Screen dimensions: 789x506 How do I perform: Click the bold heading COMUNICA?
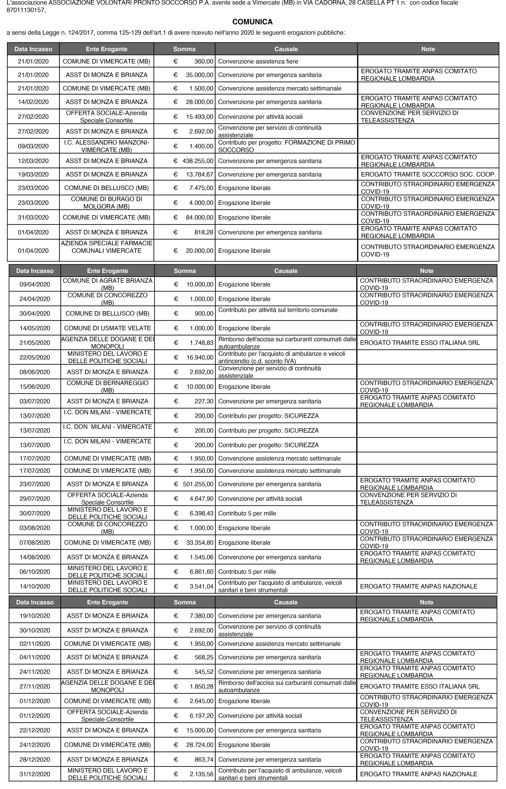click(252, 22)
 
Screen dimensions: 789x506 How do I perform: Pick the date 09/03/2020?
click(33, 146)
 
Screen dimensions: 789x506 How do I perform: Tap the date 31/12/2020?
click(35, 774)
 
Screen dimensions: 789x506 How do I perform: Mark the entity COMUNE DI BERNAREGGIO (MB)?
click(107, 386)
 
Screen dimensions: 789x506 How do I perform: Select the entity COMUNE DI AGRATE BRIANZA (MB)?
click(107, 284)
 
